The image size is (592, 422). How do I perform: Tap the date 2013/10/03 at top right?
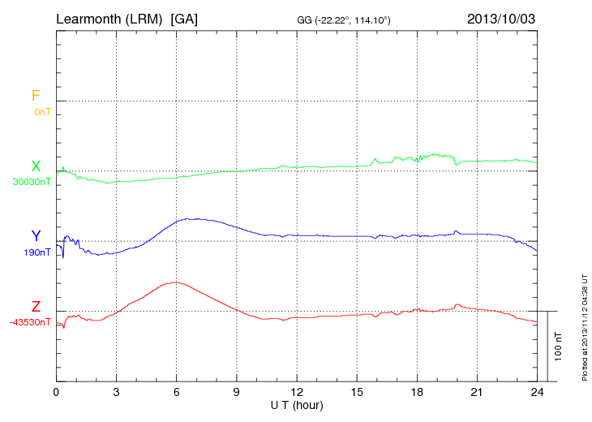click(501, 18)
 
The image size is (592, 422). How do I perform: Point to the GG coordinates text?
click(345, 19)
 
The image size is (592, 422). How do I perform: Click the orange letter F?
click(36, 96)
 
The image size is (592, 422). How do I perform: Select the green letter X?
click(36, 166)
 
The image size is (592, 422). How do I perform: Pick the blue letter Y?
click(36, 236)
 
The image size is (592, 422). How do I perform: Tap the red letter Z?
click(36, 307)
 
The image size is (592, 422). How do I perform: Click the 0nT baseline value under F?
click(42, 111)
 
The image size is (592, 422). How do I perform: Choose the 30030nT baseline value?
click(32, 182)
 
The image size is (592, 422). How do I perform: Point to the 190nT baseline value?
click(37, 252)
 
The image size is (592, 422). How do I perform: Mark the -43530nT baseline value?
click(31, 323)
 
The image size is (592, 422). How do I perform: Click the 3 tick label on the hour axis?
click(116, 392)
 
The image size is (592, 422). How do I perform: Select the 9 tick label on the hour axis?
click(237, 392)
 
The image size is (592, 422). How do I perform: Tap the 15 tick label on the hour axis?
click(357, 392)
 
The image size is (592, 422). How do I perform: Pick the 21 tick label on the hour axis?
click(477, 392)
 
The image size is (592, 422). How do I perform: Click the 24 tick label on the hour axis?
click(537, 392)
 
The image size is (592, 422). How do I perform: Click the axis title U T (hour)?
click(296, 404)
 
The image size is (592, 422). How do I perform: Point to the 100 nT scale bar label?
click(558, 347)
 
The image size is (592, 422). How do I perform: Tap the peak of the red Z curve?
click(174, 282)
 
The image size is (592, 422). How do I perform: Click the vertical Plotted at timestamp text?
click(584, 325)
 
